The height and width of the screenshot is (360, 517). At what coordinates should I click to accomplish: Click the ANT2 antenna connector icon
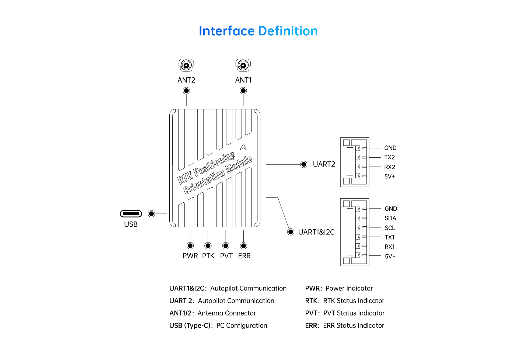(x=186, y=65)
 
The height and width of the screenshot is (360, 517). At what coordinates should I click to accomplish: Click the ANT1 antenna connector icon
(x=243, y=65)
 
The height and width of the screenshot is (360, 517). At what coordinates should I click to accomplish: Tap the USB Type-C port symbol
(x=131, y=214)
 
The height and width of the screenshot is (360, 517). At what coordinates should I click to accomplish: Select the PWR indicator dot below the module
(x=190, y=246)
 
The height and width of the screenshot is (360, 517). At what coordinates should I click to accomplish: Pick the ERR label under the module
(x=244, y=256)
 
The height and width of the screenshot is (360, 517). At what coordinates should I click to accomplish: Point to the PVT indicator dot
(x=226, y=246)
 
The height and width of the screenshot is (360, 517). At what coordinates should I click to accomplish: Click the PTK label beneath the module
(x=208, y=256)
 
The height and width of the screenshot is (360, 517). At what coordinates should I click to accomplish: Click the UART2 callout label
(x=324, y=164)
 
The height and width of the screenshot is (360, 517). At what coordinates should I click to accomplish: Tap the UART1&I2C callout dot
(x=291, y=232)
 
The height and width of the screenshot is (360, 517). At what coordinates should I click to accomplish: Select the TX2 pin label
(x=389, y=157)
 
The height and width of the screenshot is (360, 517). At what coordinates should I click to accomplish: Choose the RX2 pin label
(x=389, y=167)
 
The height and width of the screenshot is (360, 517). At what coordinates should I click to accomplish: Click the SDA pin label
(x=390, y=218)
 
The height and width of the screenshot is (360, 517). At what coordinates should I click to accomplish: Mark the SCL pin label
(x=390, y=228)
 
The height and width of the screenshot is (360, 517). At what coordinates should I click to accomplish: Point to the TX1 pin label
(x=389, y=237)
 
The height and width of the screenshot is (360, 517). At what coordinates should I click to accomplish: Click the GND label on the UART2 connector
(x=390, y=148)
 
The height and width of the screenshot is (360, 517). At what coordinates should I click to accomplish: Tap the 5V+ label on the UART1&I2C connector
(x=390, y=257)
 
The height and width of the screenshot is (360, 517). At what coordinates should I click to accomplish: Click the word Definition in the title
(x=288, y=31)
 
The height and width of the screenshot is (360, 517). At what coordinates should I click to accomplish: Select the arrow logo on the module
(x=243, y=147)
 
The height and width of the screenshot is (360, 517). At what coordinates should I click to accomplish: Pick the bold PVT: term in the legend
(x=312, y=313)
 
